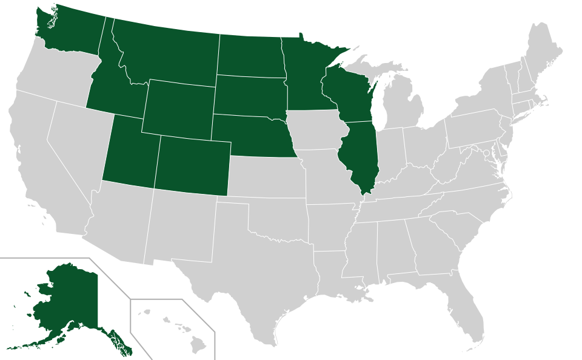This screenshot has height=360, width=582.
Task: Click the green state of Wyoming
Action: [x=179, y=106]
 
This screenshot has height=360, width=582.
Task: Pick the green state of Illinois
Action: [x=360, y=155]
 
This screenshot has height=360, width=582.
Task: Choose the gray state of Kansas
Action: [x=267, y=176]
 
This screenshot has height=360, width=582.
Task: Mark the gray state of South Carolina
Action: [x=464, y=233]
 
